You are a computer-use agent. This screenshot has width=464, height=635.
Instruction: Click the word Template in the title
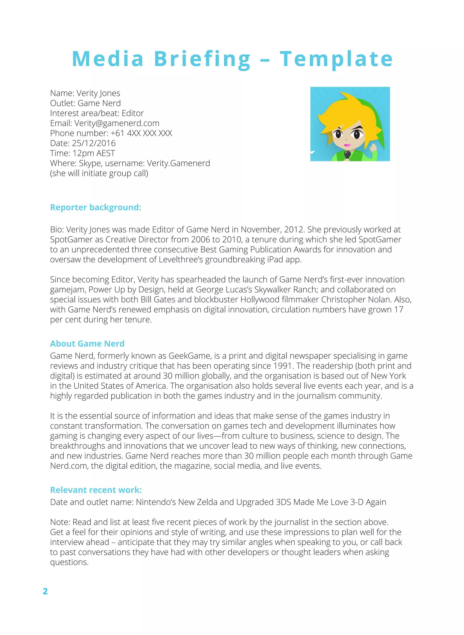pos(336,59)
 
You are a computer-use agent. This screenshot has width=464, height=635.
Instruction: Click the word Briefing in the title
pos(202,59)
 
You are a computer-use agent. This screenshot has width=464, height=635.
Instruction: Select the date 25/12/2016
pos(94,143)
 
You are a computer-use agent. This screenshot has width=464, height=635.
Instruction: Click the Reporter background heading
pos(96,207)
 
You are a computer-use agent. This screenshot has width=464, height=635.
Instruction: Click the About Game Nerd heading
pos(87,343)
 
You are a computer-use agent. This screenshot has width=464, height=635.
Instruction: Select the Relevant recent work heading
pos(96,490)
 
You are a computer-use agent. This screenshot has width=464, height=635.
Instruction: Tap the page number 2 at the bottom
pos(45,591)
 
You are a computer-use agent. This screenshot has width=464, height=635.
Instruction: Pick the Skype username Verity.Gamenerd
pos(178,163)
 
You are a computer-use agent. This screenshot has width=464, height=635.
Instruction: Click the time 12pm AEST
pos(94,153)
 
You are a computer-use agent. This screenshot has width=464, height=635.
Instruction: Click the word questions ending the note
pos(69,562)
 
